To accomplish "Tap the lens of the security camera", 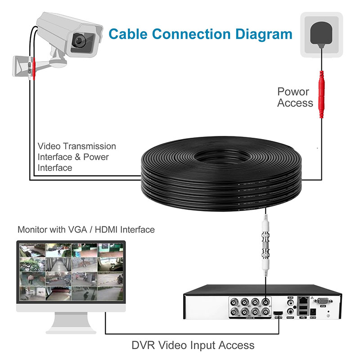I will pyautogui.click(x=81, y=40).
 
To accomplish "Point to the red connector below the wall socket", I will pyautogui.click(x=321, y=94).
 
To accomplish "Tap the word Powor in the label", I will pyautogui.click(x=293, y=92).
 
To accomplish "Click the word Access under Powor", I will pyautogui.click(x=295, y=103).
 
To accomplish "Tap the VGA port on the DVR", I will pyautogui.click(x=323, y=302).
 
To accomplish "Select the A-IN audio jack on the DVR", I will pyautogui.click(x=291, y=301).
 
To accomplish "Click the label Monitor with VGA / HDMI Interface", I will pyautogui.click(x=86, y=229).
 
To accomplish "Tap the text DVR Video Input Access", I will pyautogui.click(x=193, y=346).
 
